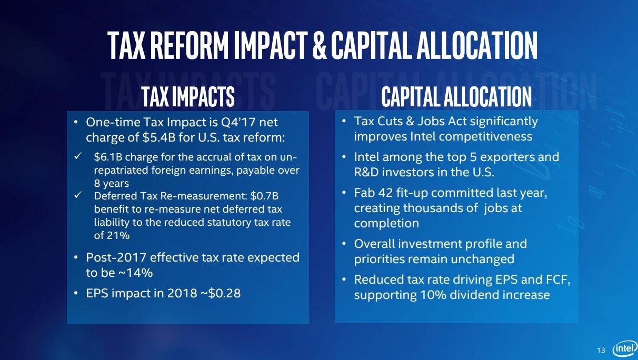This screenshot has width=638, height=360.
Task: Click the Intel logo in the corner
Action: point(625,348)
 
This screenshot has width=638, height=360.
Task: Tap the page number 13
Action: point(601,350)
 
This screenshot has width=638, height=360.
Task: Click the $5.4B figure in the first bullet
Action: point(155,137)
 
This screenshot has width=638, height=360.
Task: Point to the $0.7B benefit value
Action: point(264,196)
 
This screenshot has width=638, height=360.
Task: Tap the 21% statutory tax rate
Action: point(118,236)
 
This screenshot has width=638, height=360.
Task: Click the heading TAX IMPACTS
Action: point(188,96)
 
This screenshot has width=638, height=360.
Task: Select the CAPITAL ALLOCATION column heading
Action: point(456,96)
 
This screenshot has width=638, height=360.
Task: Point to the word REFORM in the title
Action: point(190,46)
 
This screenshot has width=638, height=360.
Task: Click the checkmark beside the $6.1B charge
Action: point(78,156)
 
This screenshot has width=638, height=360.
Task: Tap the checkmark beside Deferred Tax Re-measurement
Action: point(78,195)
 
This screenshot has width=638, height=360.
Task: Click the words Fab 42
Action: point(373,193)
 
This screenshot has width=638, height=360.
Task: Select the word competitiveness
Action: point(486,136)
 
